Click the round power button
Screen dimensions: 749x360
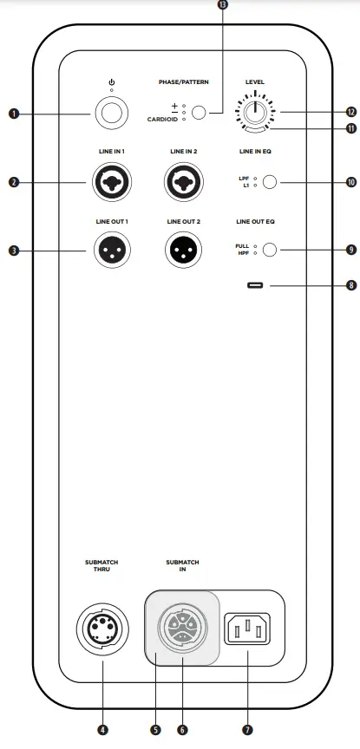(x=112, y=114)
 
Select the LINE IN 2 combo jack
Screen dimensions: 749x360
(x=184, y=182)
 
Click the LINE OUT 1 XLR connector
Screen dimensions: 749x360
(x=112, y=251)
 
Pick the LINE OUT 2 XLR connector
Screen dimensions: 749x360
(x=184, y=251)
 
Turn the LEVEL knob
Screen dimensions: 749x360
(x=254, y=112)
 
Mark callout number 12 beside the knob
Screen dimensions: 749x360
(x=350, y=112)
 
